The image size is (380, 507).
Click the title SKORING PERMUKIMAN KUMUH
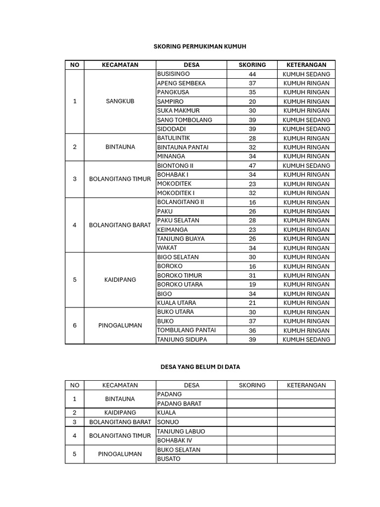click(200, 46)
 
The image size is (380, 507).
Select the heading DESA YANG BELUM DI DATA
click(200, 367)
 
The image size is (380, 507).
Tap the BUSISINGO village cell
click(170, 74)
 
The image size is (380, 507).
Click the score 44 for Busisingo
click(252, 74)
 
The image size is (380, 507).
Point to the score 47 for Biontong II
click(252, 165)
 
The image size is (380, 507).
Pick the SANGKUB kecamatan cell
click(120, 101)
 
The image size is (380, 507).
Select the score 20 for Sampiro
click(252, 101)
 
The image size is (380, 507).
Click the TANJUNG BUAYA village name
click(181, 239)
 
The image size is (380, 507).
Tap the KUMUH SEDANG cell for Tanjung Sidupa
click(306, 339)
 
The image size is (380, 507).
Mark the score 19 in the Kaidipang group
click(252, 284)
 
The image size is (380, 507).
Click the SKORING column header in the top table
click(252, 65)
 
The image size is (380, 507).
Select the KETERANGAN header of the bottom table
click(306, 385)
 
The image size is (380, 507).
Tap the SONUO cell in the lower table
click(168, 422)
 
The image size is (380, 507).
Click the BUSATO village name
click(169, 458)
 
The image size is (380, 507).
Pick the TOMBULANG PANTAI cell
click(186, 330)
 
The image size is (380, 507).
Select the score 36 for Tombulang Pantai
click(252, 330)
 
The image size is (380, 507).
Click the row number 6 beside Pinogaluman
click(75, 325)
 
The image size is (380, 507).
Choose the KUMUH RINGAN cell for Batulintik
click(306, 138)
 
